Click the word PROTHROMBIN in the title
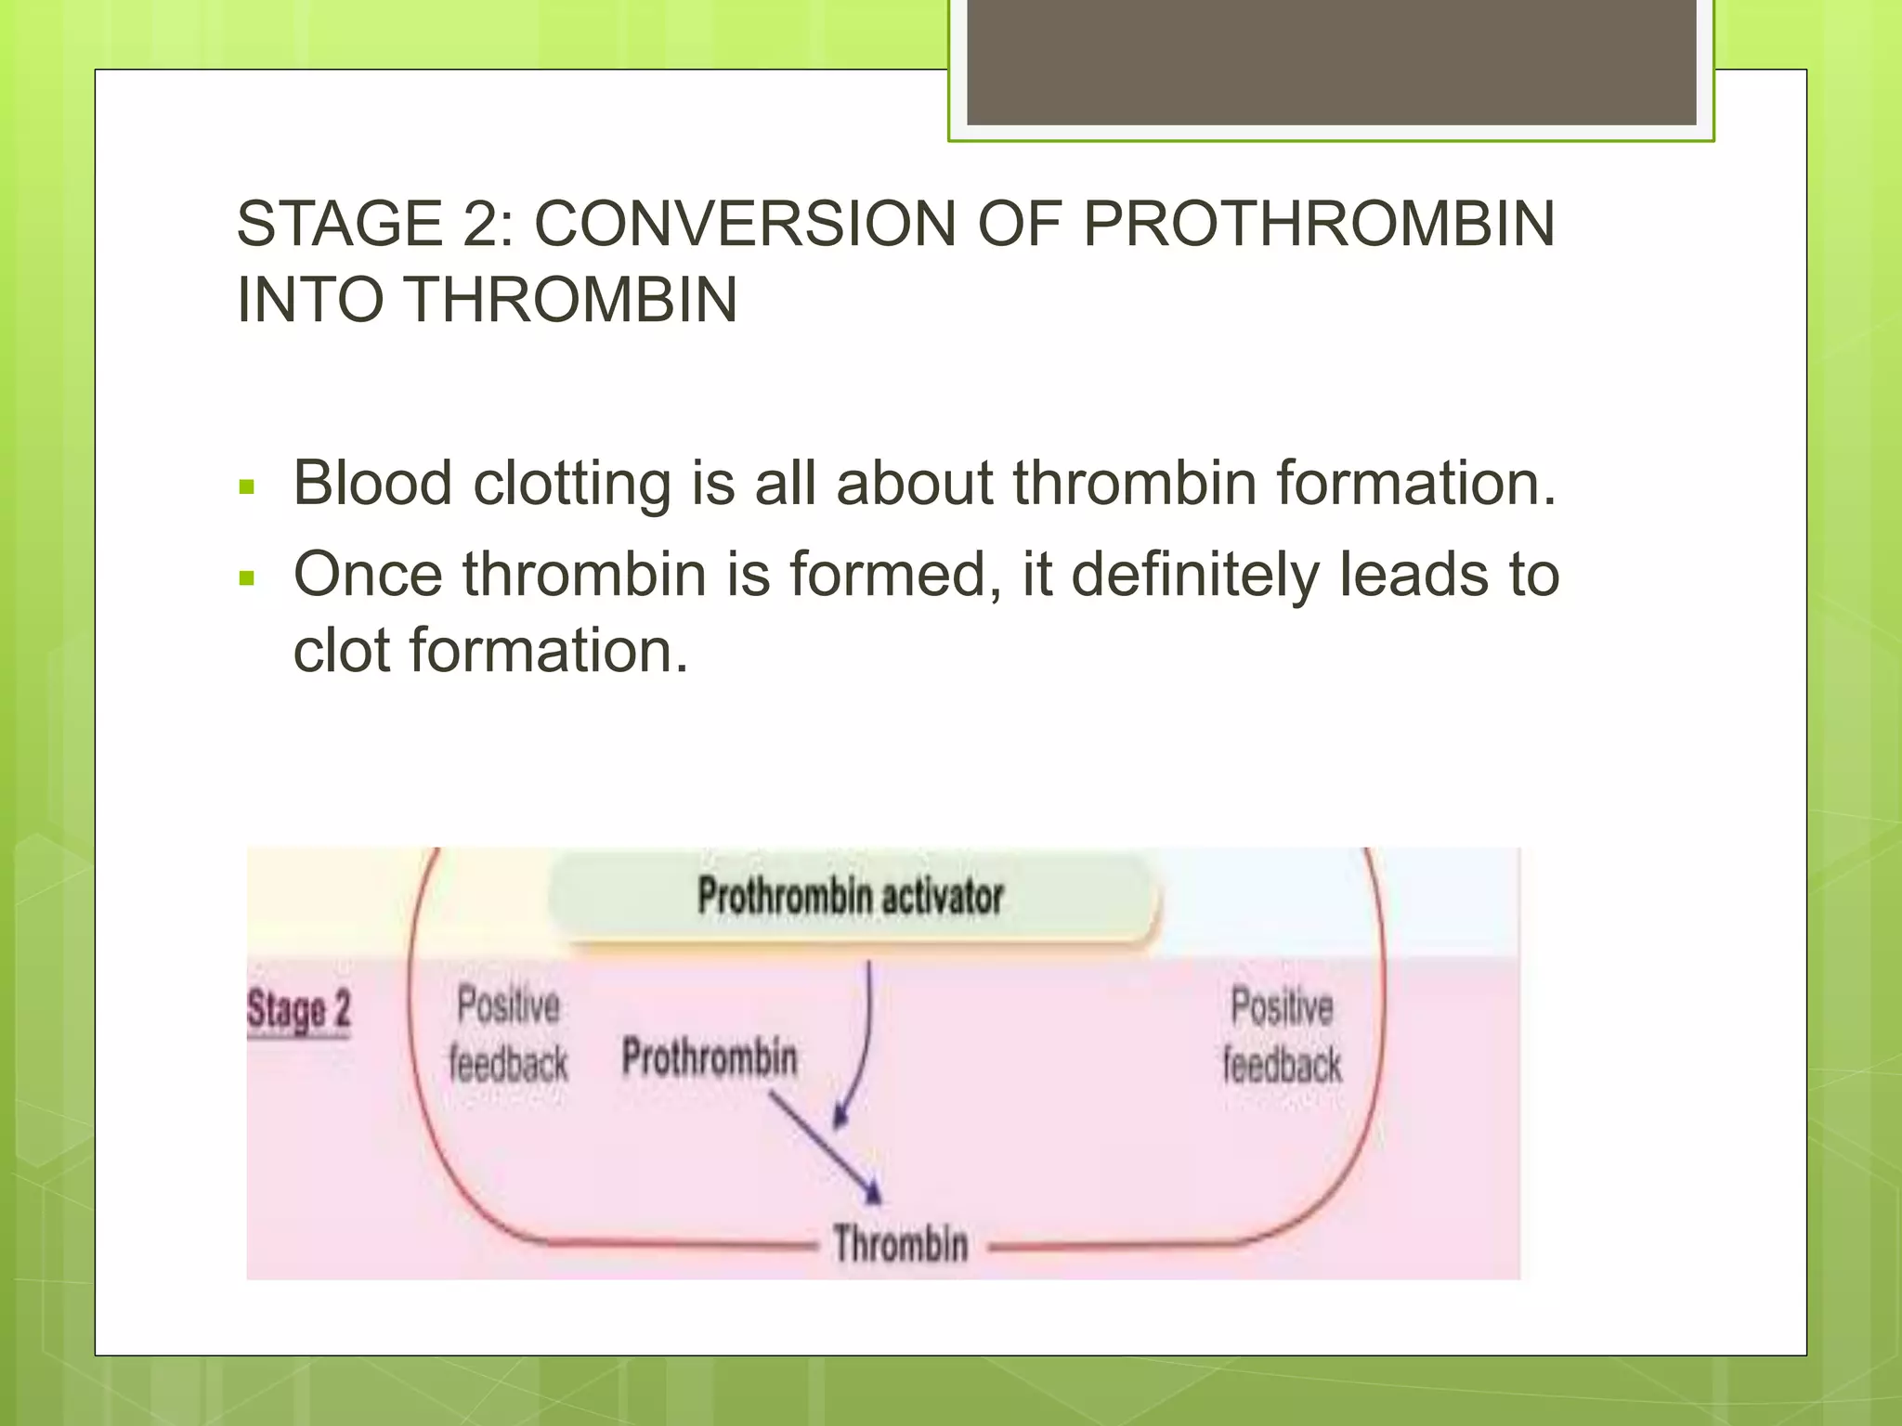[x=1319, y=225]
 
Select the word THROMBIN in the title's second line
[x=572, y=300]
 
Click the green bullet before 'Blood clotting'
[x=246, y=486]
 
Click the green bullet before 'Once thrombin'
[x=246, y=578]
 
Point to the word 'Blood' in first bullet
[x=372, y=484]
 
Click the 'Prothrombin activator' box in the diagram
[x=851, y=897]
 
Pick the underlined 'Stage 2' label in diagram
[x=299, y=1010]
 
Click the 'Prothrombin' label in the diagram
[x=710, y=1057]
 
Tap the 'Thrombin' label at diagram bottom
[x=900, y=1244]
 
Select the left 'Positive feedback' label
[x=509, y=1034]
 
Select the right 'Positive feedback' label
[x=1282, y=1035]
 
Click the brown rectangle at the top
[x=1331, y=62]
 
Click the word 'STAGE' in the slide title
[x=340, y=225]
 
